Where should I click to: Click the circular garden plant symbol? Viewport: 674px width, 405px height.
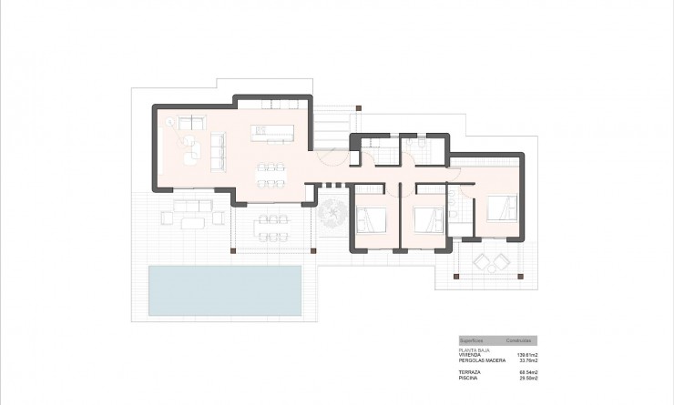pyautogui.click(x=331, y=215)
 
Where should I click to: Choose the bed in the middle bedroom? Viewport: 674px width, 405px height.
pyautogui.click(x=426, y=220)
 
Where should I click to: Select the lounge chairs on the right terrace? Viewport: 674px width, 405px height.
pyautogui.click(x=492, y=262)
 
